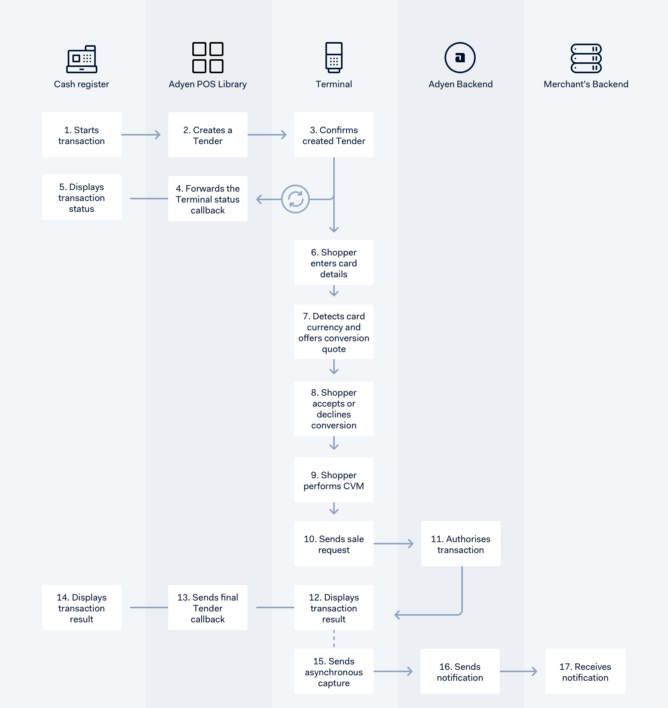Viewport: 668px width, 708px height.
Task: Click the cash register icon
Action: click(x=82, y=59)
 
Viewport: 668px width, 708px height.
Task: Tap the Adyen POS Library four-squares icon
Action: click(x=208, y=58)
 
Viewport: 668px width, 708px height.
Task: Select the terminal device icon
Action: click(x=334, y=58)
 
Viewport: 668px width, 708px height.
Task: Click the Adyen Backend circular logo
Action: click(x=460, y=58)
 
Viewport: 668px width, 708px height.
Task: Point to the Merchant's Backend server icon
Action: click(x=586, y=58)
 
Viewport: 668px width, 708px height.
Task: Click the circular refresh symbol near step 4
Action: click(x=295, y=199)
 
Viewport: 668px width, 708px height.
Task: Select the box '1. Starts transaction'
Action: click(x=82, y=135)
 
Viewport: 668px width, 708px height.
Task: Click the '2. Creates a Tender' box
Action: click(x=208, y=135)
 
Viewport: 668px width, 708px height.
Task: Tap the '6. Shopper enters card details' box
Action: click(x=334, y=262)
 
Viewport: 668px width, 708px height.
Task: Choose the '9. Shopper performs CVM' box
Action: click(x=334, y=480)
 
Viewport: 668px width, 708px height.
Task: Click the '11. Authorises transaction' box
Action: click(x=461, y=544)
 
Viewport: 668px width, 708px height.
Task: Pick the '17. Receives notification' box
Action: click(x=585, y=671)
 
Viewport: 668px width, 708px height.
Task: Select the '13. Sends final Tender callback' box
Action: click(x=208, y=608)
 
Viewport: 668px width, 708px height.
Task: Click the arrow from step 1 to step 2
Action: click(x=141, y=135)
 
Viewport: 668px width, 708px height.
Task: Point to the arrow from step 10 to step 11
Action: click(x=394, y=544)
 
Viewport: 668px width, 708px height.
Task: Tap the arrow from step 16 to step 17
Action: click(x=519, y=671)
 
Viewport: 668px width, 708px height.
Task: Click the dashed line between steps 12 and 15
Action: click(x=334, y=639)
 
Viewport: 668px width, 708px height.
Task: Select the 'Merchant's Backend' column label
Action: click(x=586, y=84)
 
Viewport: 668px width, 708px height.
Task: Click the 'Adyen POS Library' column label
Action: click(x=208, y=84)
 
